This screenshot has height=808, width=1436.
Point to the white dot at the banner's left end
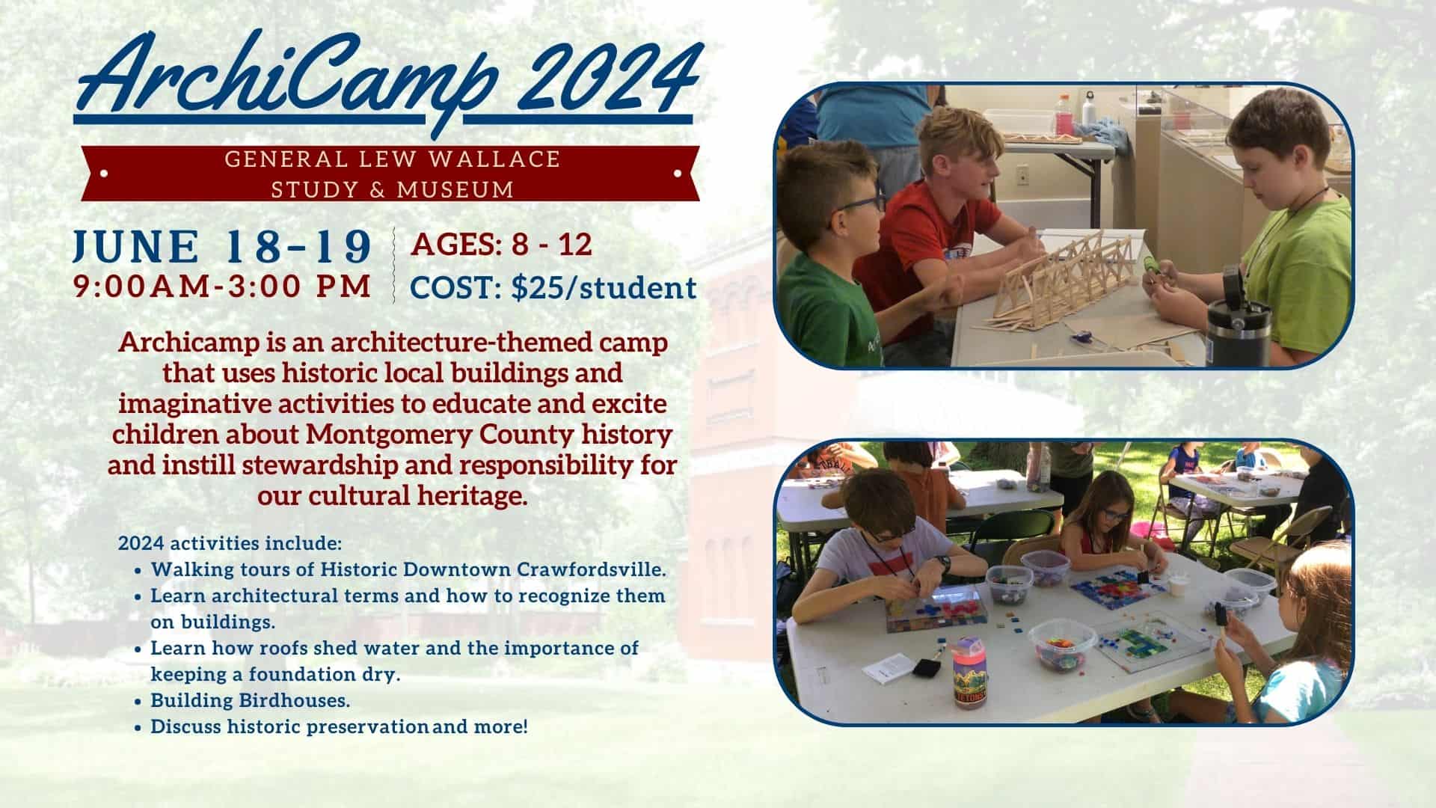point(103,174)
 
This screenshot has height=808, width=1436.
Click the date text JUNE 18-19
point(222,246)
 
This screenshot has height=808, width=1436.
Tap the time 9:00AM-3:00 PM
point(222,287)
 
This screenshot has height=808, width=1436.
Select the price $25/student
point(604,288)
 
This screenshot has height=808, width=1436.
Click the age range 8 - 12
point(551,244)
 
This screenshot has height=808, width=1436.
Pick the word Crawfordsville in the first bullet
point(591,569)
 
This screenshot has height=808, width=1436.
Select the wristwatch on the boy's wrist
point(946,563)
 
